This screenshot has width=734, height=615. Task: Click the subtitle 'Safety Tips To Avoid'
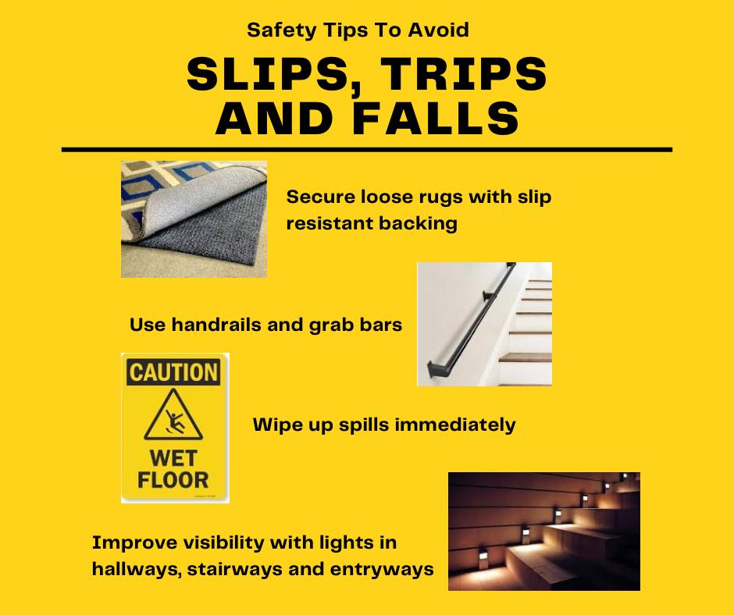358,30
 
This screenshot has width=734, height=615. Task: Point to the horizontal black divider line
367,150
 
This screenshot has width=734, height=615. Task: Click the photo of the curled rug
194,219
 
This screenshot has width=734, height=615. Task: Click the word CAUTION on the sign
173,372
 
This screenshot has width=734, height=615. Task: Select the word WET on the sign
173,458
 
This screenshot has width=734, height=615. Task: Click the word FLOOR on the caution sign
173,480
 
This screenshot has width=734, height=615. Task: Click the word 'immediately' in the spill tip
455,425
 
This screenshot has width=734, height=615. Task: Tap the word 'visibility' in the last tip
224,543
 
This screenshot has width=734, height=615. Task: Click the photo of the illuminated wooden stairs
544,531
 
